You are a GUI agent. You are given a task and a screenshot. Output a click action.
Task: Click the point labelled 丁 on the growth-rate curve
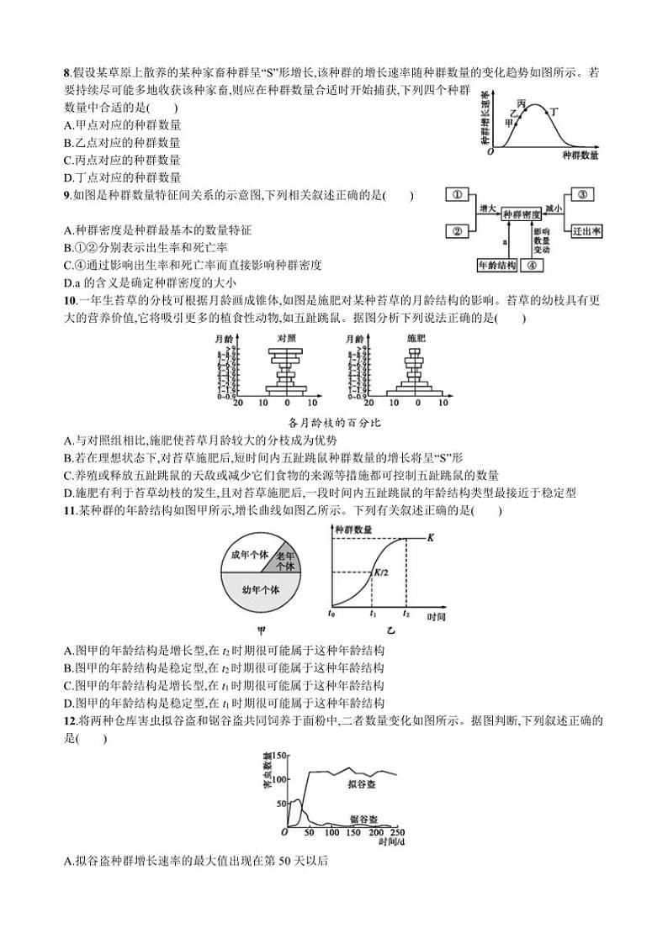pyautogui.click(x=546, y=112)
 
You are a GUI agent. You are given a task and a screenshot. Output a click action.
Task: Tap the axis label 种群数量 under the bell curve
pyautogui.click(x=580, y=156)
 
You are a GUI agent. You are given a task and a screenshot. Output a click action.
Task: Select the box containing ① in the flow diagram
pyautogui.click(x=456, y=196)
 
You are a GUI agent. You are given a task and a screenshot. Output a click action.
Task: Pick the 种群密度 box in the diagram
pyautogui.click(x=522, y=215)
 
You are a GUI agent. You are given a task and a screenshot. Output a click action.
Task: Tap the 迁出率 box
pyautogui.click(x=586, y=230)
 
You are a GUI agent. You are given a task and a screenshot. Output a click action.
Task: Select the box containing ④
pyautogui.click(x=533, y=264)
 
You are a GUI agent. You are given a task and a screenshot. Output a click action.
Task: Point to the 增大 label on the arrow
pyautogui.click(x=487, y=208)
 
